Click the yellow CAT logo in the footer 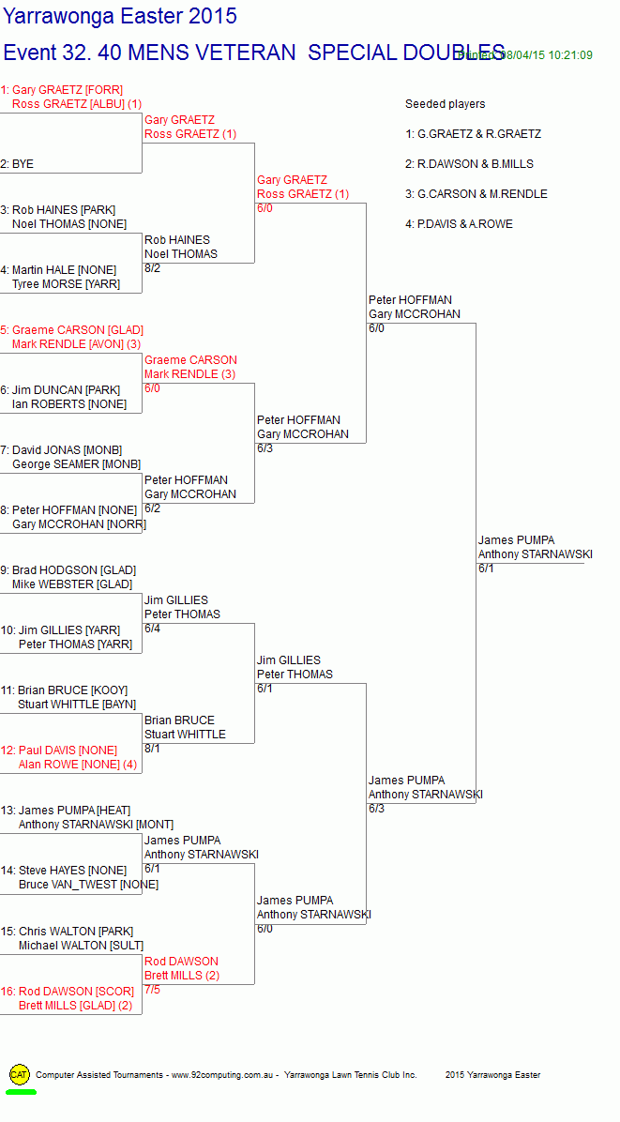(19, 1074)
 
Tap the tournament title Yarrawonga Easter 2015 (120, 17)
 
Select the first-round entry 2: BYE (17, 164)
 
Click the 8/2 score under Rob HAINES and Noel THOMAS (152, 268)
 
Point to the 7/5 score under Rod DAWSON (152, 990)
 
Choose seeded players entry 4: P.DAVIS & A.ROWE (459, 224)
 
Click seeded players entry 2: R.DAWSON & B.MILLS (469, 164)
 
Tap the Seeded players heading (445, 104)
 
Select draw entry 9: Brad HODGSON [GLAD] (68, 570)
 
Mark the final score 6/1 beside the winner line (486, 569)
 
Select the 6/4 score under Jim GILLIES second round (152, 629)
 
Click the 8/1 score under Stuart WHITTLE (152, 749)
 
